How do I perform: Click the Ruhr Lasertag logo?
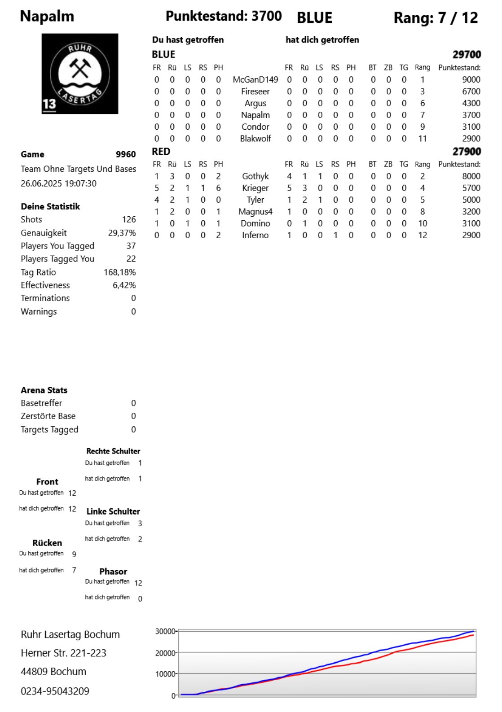(80, 74)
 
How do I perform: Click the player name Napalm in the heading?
(47, 17)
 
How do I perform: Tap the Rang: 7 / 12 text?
(436, 18)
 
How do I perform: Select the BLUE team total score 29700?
(467, 55)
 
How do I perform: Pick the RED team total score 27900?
(467, 152)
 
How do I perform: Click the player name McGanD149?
(255, 80)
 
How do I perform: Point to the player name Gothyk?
(255, 176)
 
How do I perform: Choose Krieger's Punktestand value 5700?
(471, 188)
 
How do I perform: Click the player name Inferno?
(255, 235)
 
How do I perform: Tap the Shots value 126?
(129, 219)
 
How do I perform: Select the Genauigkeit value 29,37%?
(122, 233)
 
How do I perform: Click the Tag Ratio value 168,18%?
(119, 272)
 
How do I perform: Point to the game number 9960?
(126, 154)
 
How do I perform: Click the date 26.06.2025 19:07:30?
(58, 183)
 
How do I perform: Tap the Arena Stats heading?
(44, 390)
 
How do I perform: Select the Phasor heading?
(113, 572)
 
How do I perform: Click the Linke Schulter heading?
(113, 511)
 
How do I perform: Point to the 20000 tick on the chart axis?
(165, 653)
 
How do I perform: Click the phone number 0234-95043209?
(55, 691)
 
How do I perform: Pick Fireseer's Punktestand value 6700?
(471, 92)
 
